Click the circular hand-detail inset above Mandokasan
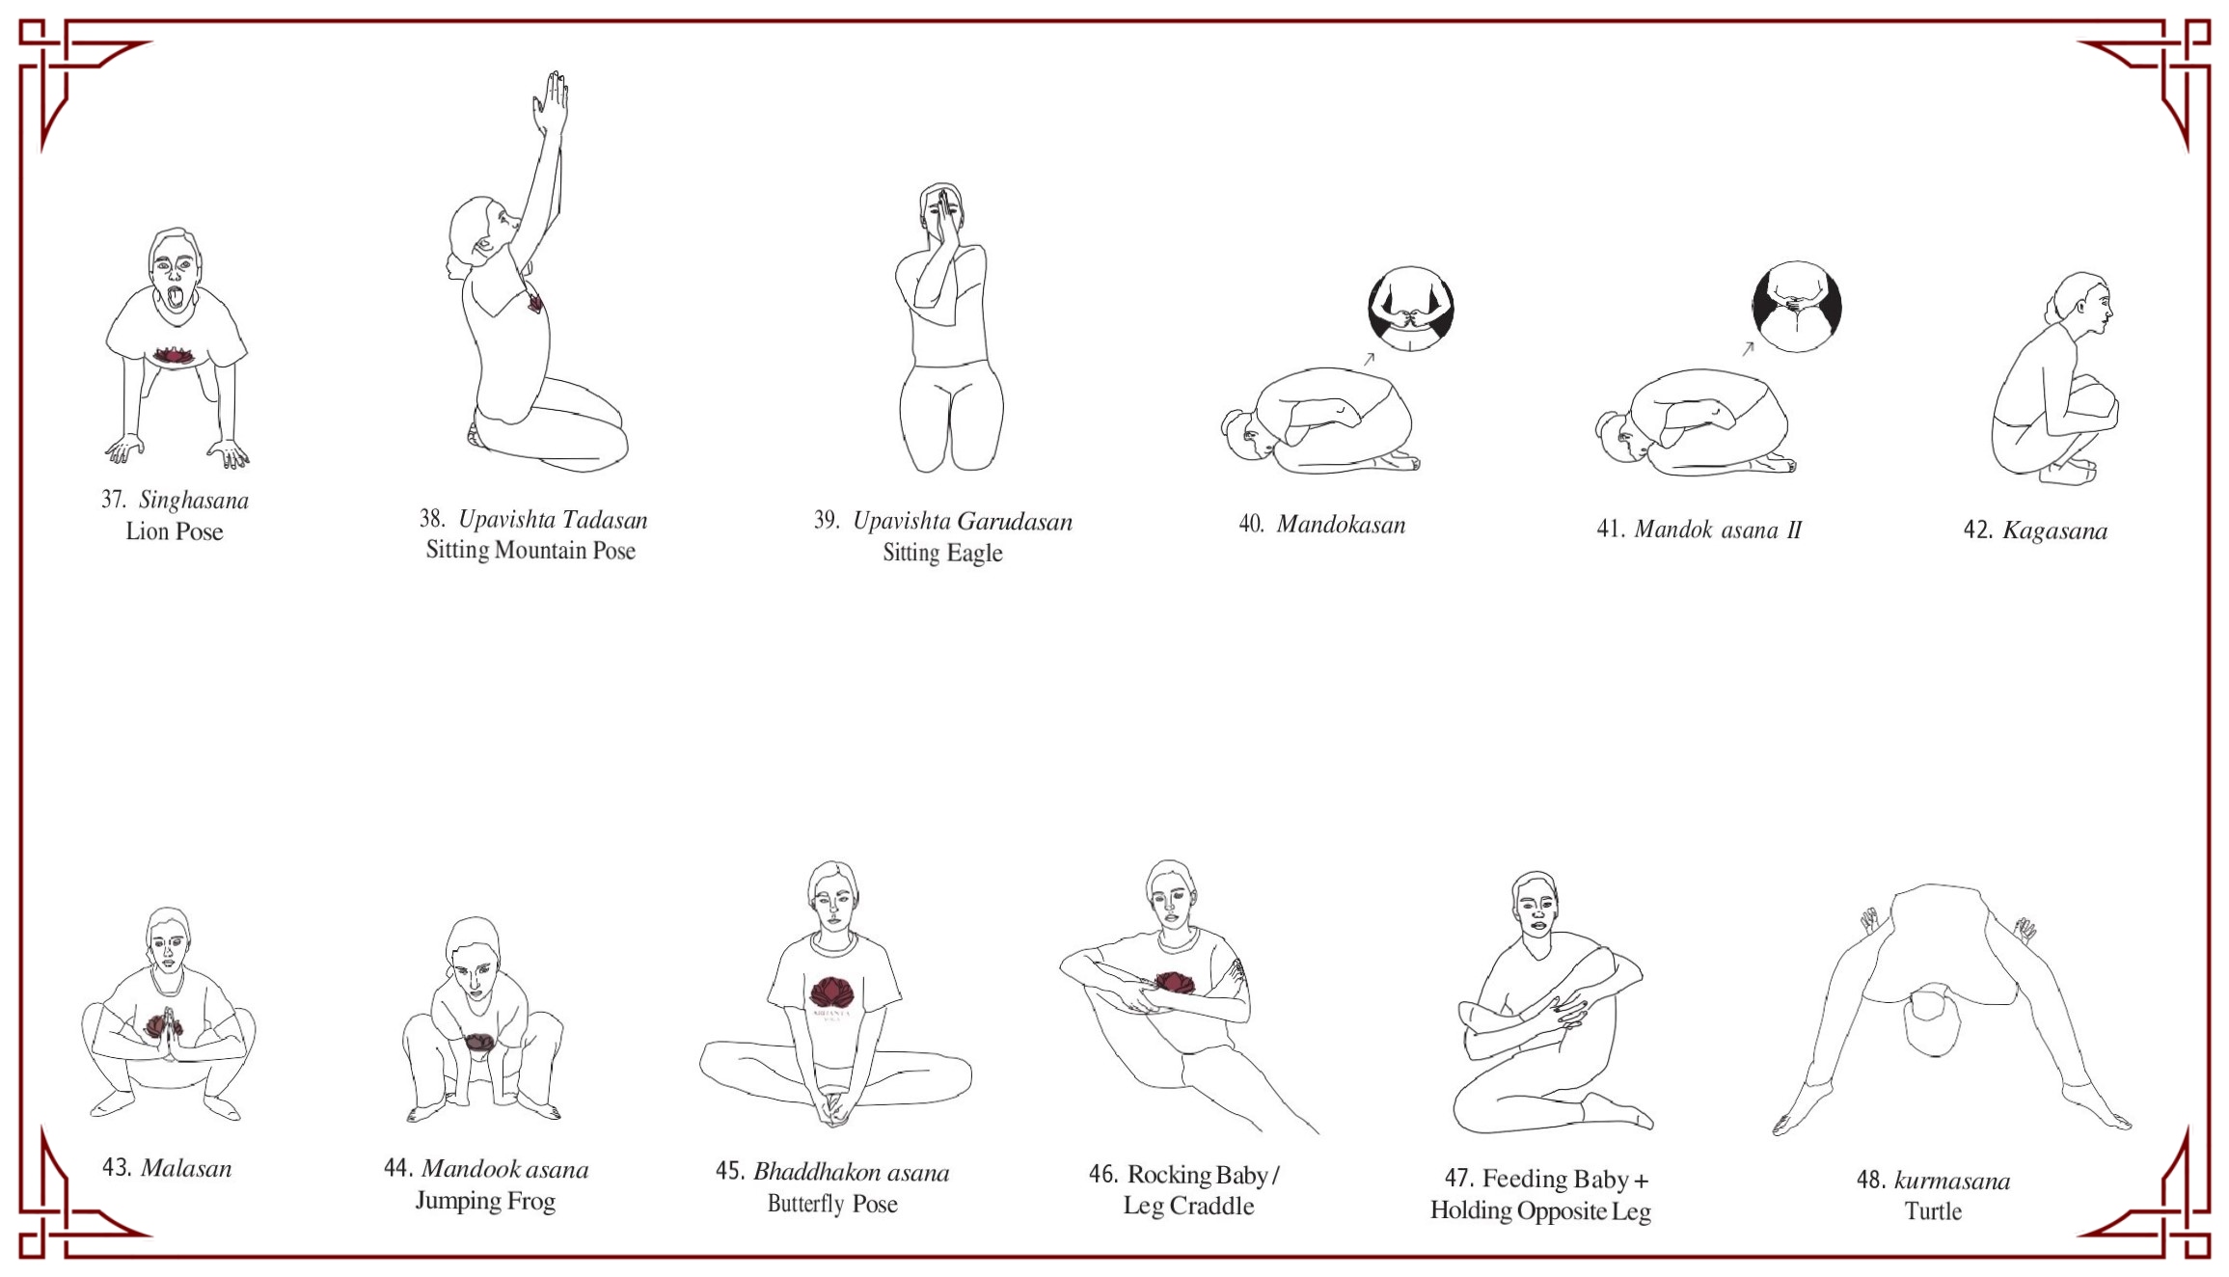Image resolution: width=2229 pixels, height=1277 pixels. point(1410,310)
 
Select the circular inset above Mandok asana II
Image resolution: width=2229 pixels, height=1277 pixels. point(1796,307)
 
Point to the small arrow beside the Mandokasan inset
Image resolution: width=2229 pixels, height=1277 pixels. point(1368,359)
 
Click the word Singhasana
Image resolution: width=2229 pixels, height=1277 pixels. point(194,500)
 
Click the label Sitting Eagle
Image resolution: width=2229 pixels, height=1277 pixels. point(942,553)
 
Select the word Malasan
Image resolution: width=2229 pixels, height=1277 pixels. point(186,1168)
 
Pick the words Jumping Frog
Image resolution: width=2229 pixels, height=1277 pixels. point(485,1201)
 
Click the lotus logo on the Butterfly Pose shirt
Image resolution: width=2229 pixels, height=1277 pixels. point(830,992)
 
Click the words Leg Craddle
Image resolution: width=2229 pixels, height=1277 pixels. point(1188,1206)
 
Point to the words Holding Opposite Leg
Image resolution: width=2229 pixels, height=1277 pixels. point(1540,1210)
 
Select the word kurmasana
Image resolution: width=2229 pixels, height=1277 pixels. point(1952,1181)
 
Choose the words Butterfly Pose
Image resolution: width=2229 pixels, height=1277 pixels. point(832,1204)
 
